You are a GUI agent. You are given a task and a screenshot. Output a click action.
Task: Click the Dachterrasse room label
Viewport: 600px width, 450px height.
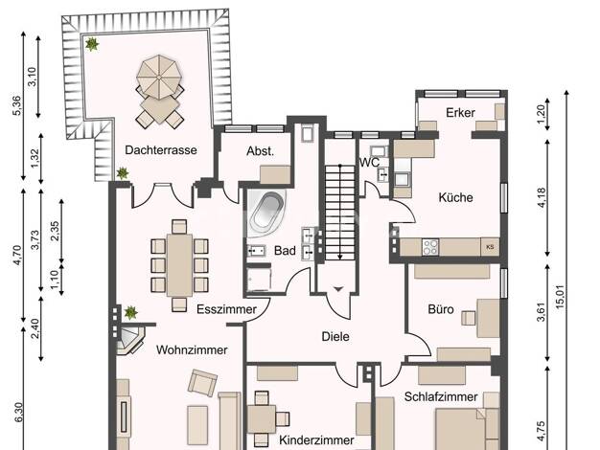click(161, 150)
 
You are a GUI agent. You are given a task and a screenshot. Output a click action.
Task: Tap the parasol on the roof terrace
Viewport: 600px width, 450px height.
click(159, 78)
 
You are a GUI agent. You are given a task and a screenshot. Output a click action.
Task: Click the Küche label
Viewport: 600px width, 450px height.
click(455, 197)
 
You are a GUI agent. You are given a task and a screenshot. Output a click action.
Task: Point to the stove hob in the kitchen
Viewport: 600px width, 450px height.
click(430, 247)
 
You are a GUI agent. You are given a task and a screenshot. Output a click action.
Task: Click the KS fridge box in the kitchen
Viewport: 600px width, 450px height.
click(490, 247)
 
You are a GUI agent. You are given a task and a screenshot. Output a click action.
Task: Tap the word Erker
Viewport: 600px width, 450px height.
click(460, 112)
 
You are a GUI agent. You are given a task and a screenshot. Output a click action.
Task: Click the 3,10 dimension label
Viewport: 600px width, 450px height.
click(33, 77)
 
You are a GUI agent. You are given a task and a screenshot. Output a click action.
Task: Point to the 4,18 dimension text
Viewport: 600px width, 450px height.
click(542, 197)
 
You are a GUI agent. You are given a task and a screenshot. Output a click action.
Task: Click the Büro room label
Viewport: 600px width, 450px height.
click(441, 309)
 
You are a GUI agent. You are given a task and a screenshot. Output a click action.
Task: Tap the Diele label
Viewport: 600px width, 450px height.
click(335, 336)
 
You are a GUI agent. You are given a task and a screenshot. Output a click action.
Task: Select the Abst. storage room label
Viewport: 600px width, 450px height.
click(260, 151)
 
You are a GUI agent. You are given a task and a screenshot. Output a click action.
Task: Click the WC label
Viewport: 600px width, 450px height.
click(369, 162)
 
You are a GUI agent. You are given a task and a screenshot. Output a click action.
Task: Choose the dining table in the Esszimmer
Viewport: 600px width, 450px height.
click(179, 264)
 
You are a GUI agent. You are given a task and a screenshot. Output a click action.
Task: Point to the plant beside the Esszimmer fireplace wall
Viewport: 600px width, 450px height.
click(130, 312)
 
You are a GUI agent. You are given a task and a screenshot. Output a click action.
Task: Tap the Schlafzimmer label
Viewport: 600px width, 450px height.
click(441, 396)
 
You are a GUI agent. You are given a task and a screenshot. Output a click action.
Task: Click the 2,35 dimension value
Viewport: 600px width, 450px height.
click(55, 231)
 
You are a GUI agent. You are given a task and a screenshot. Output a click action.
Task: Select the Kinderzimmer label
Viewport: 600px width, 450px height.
click(316, 440)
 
